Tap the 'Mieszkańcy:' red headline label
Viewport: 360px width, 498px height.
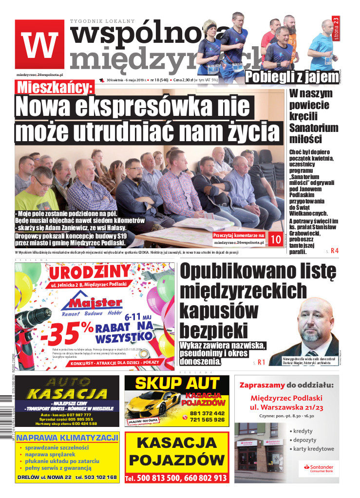coord(68,88)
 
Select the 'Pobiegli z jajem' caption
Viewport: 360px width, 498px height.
coord(292,77)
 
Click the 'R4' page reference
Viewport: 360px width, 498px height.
coord(334,251)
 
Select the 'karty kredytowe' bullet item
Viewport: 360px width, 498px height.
coord(314,449)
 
